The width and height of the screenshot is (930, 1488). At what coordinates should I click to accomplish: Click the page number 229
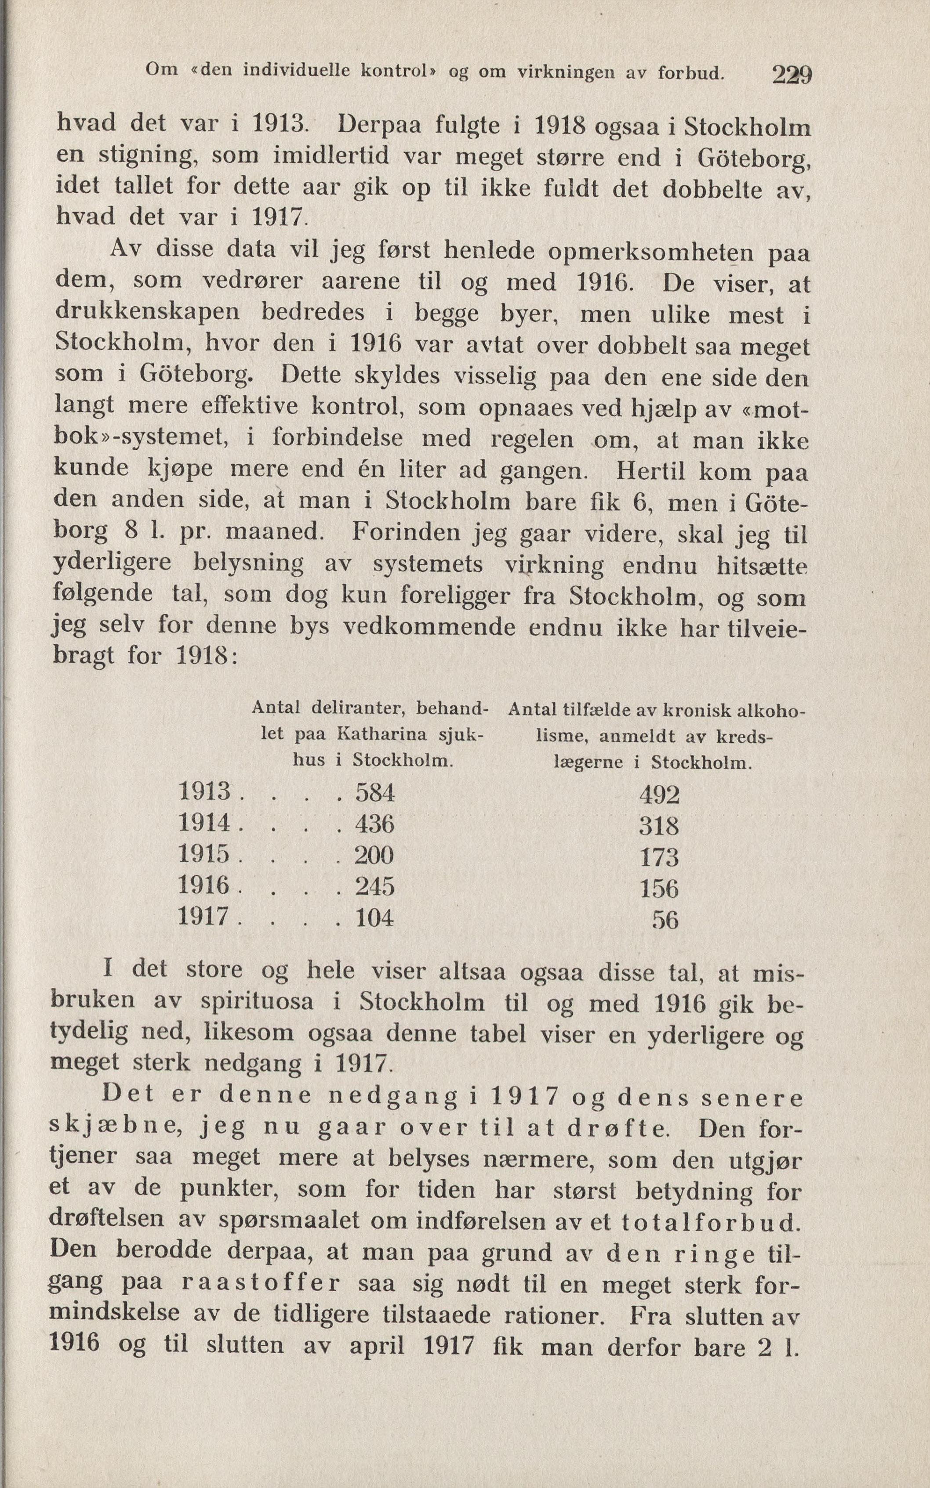click(x=792, y=75)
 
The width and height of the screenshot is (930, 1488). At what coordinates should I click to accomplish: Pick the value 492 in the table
click(x=659, y=795)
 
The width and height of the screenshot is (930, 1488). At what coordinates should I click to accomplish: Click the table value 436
click(x=374, y=823)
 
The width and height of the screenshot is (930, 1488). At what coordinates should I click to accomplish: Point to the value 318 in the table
click(x=659, y=826)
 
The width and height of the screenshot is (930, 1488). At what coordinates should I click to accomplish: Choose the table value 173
click(x=659, y=857)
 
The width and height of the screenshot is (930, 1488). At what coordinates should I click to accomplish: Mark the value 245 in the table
click(x=374, y=886)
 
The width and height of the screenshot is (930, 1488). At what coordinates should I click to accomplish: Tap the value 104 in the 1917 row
click(x=374, y=917)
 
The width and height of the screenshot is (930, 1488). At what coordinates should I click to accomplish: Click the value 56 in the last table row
click(x=665, y=920)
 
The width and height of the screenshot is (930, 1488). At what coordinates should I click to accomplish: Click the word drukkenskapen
click(x=148, y=314)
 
